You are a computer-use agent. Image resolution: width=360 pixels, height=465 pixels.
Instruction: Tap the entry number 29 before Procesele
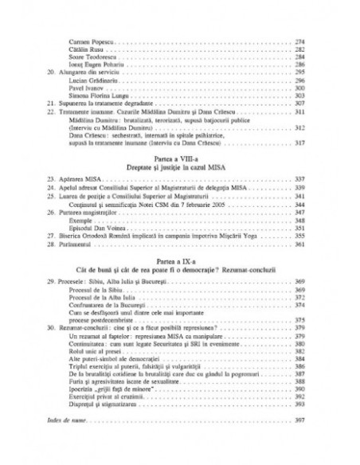click(x=53, y=282)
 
